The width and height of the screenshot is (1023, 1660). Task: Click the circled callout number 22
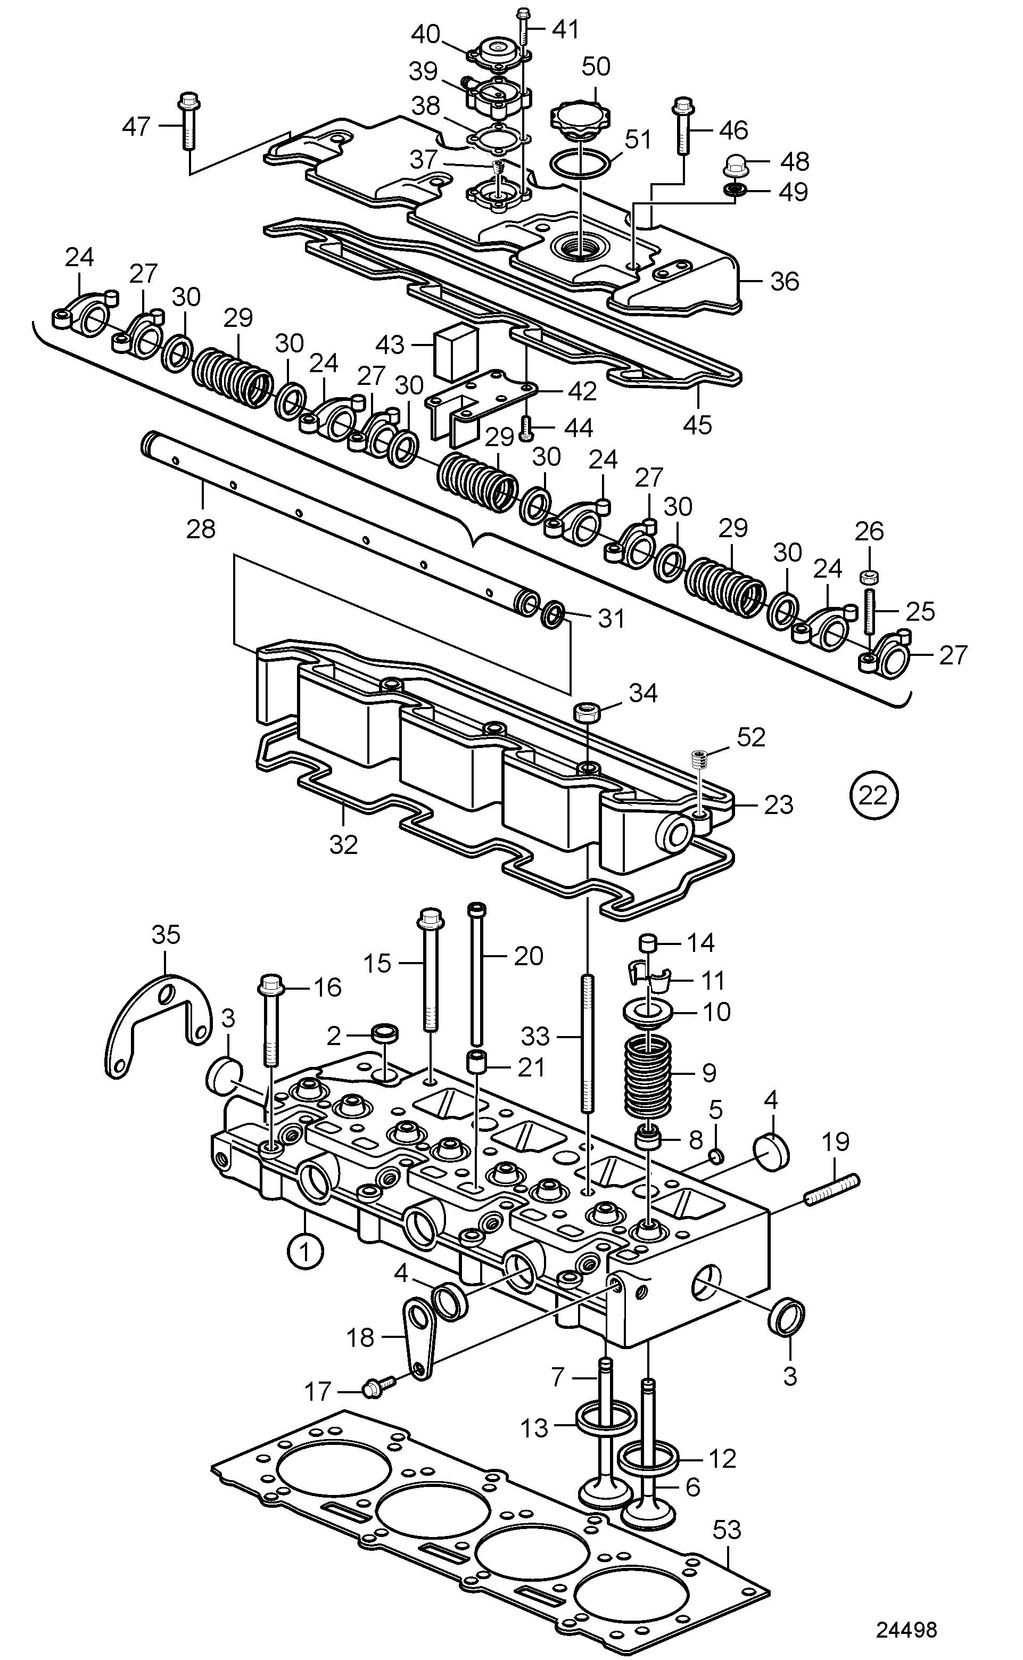click(873, 795)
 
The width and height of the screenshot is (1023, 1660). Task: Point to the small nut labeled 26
click(869, 577)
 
